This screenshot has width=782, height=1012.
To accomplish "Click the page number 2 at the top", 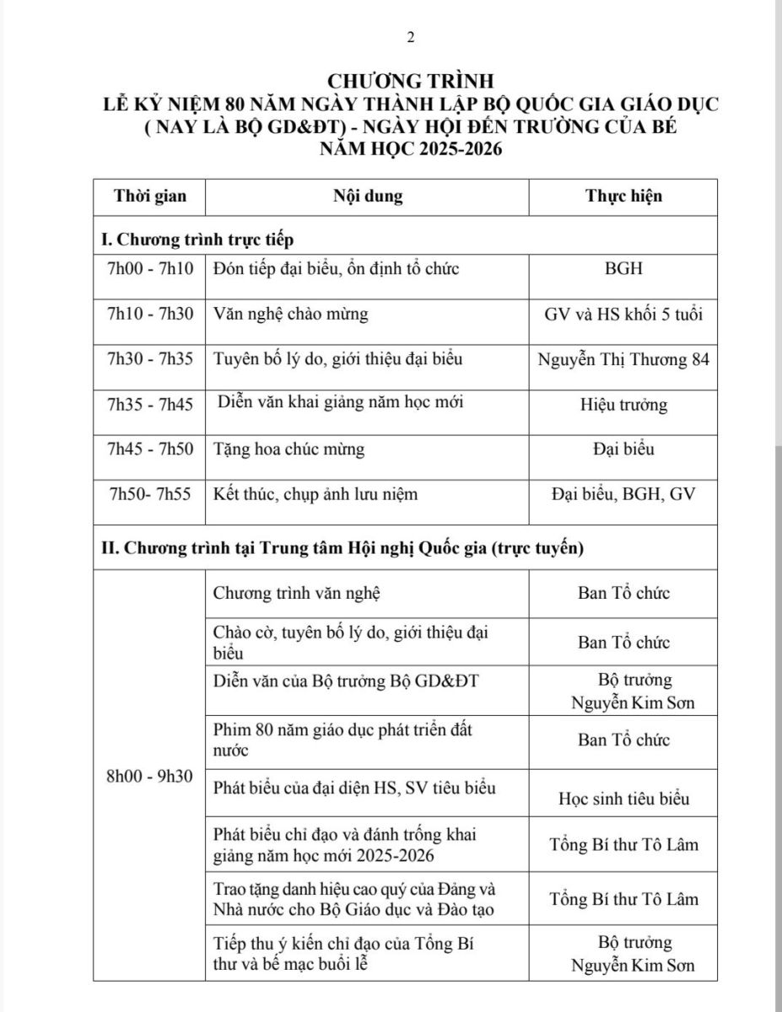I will (411, 36).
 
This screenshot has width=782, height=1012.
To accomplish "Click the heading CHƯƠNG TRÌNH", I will (410, 82).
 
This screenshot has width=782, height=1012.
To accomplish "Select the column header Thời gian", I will (150, 196).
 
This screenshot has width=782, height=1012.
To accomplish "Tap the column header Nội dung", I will (368, 196).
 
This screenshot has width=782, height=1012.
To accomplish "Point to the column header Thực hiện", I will (623, 196).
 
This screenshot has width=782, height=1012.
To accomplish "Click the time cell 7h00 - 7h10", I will (150, 269).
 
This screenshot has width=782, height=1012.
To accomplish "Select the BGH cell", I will (623, 269).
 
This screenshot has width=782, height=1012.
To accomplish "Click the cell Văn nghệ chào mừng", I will (291, 314).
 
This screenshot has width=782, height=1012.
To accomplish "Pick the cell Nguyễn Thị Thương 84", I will (623, 359).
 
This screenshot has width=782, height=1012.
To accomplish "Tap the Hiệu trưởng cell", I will (623, 405).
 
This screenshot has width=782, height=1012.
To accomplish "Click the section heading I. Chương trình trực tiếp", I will (197, 240).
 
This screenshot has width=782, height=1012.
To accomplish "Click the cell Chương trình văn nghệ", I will (297, 593).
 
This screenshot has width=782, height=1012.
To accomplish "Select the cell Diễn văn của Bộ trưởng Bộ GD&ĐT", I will (346, 681).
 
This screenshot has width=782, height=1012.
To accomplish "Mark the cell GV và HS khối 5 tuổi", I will (623, 314).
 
